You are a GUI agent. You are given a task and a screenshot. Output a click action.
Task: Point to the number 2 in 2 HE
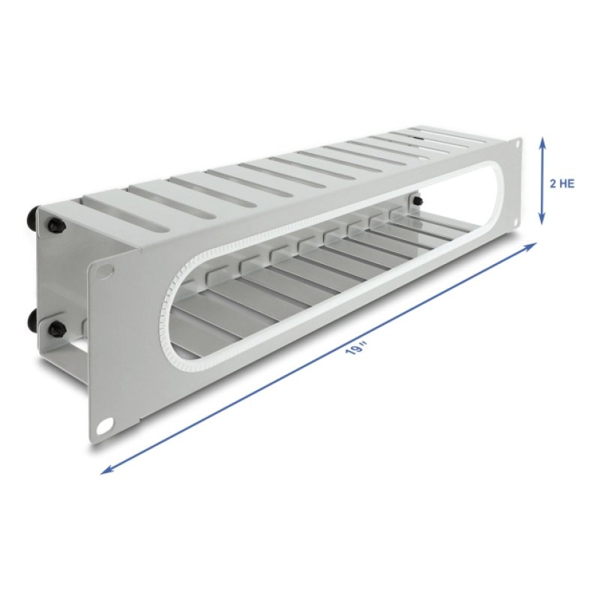pos(552,183)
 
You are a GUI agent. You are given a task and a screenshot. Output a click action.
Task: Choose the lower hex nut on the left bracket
pos(55,328)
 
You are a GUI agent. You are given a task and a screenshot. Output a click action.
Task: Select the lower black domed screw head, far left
pos(31,321)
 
